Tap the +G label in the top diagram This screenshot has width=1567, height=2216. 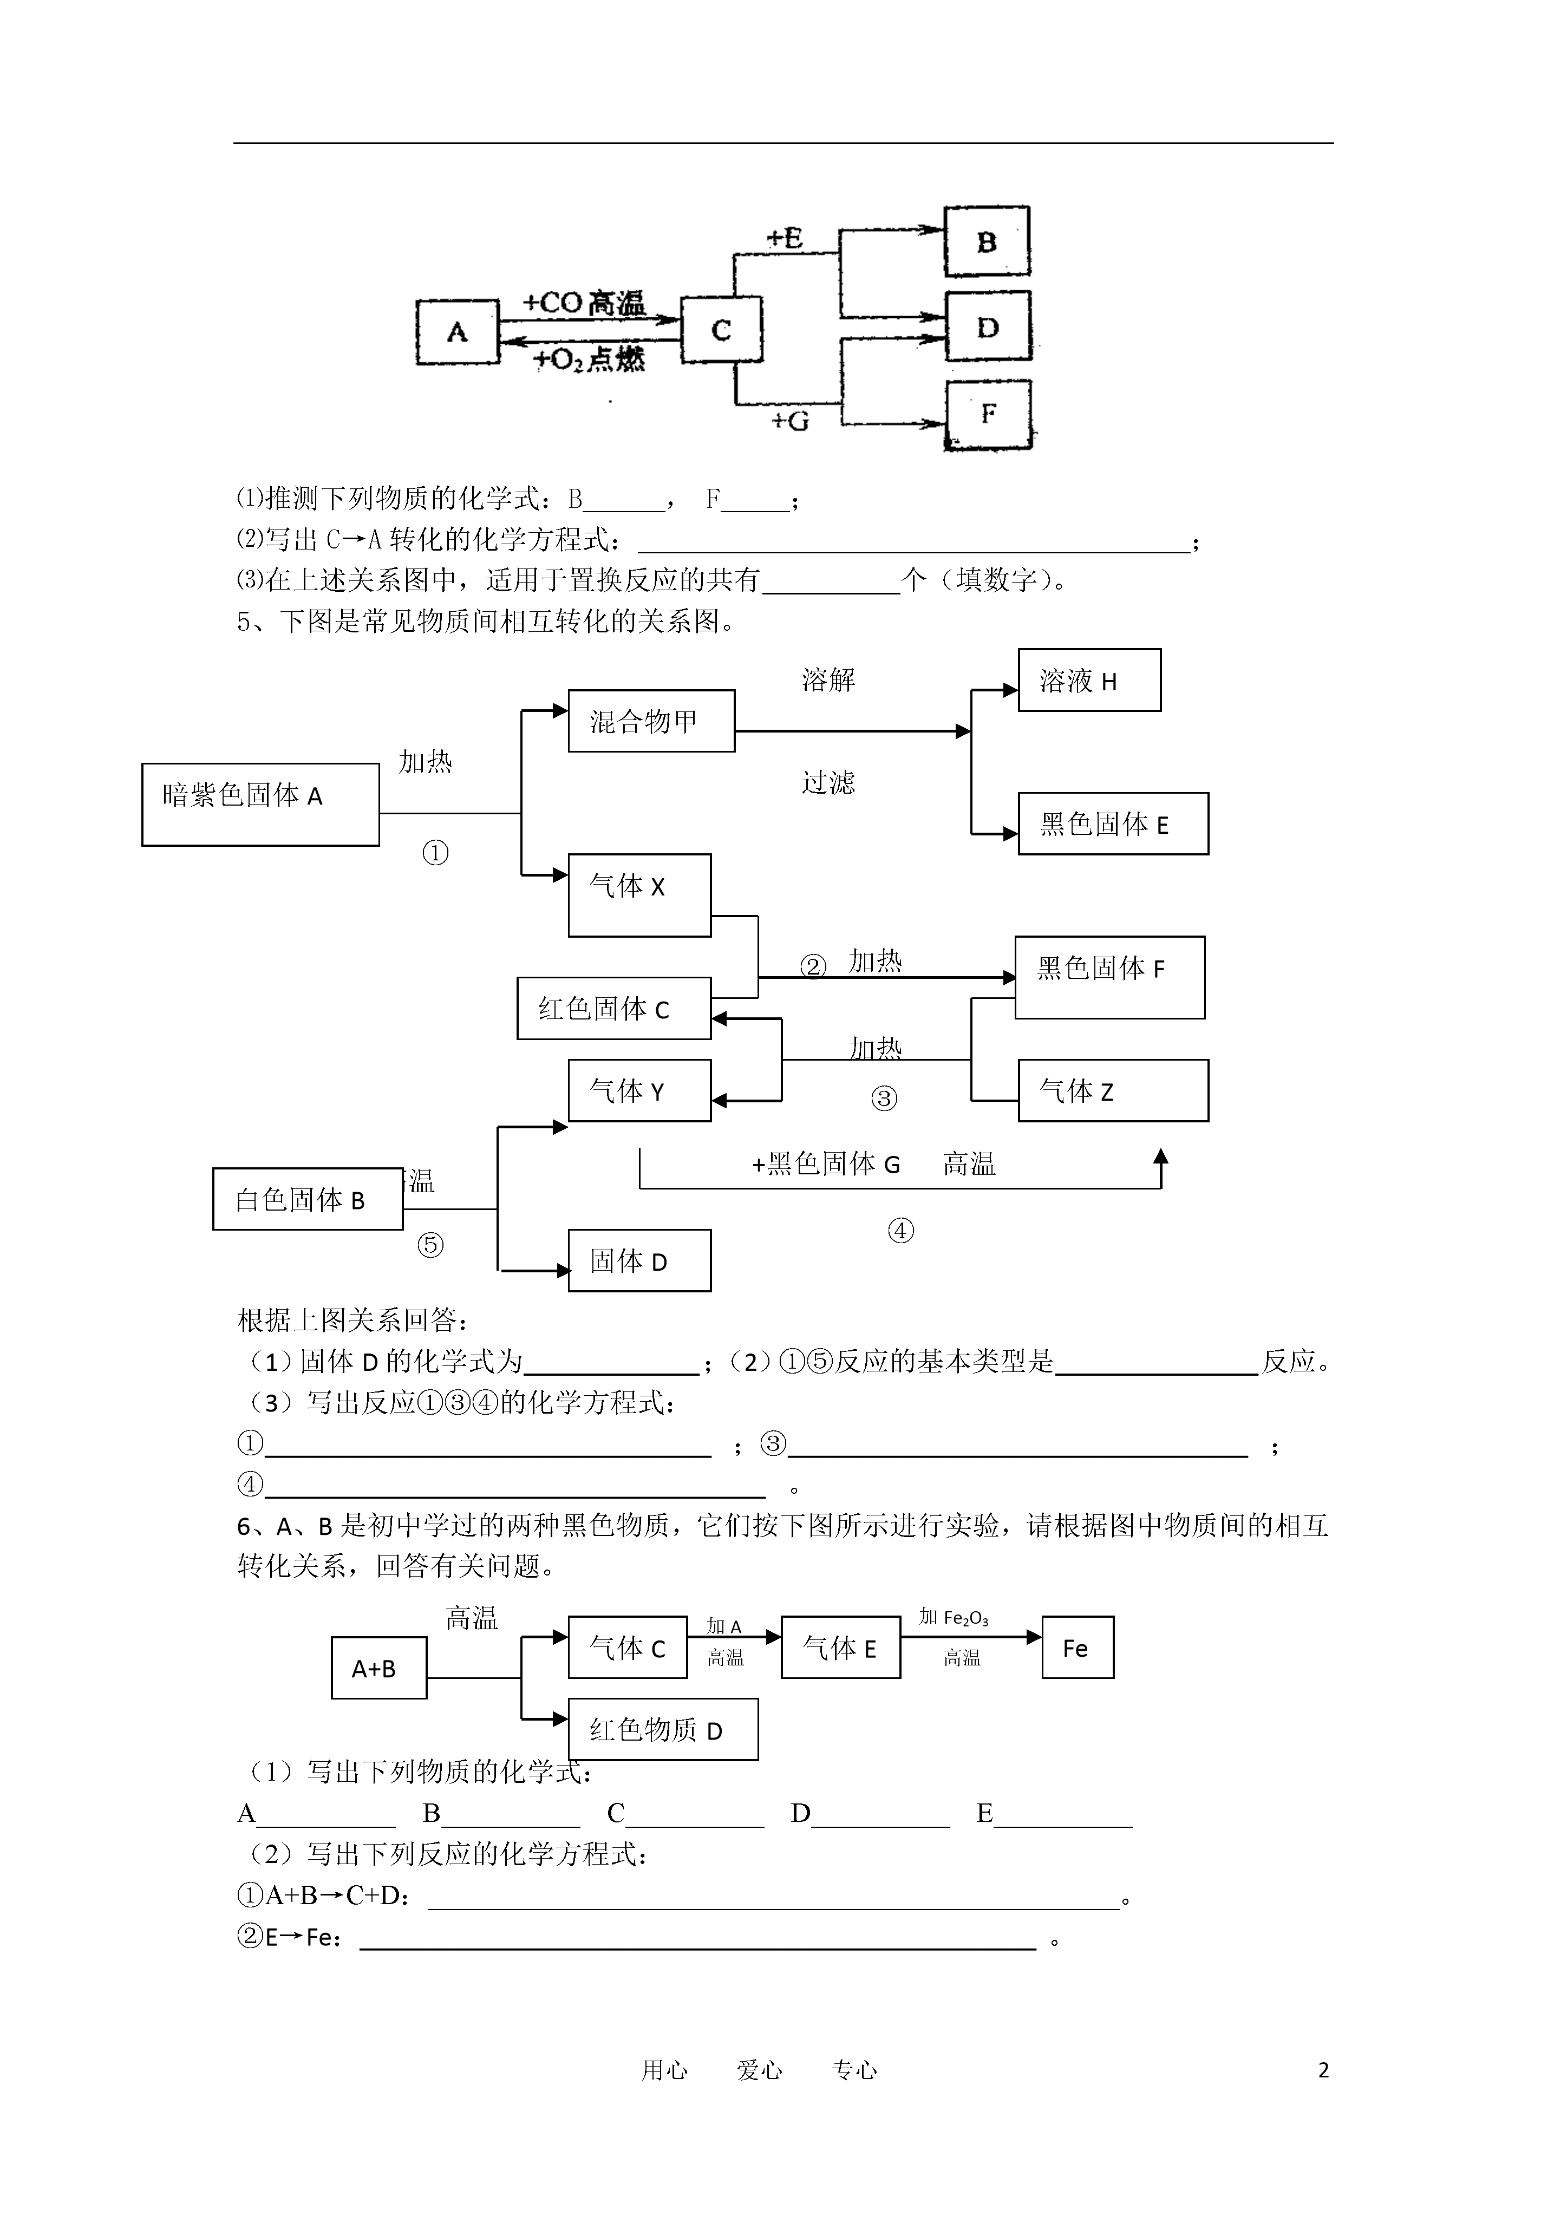(790, 421)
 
